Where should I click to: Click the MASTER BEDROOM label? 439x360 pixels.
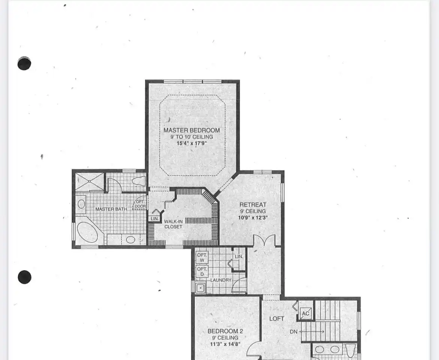pyautogui.click(x=191, y=130)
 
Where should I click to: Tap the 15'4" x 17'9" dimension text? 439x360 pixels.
pyautogui.click(x=191, y=143)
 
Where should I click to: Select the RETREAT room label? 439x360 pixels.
pyautogui.click(x=253, y=205)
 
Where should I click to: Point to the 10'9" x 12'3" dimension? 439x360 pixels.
pyautogui.click(x=253, y=217)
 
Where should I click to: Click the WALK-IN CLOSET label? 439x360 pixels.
pyautogui.click(x=173, y=224)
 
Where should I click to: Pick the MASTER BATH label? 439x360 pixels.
pyautogui.click(x=111, y=209)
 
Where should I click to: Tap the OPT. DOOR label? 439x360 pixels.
pyautogui.click(x=140, y=204)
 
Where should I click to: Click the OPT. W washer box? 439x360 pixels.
pyautogui.click(x=202, y=257)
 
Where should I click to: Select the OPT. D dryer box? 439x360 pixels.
pyautogui.click(x=202, y=271)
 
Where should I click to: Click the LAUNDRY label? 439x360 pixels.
pyautogui.click(x=221, y=280)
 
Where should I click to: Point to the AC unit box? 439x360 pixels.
pyautogui.click(x=305, y=313)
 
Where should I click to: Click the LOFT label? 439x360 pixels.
pyautogui.click(x=277, y=319)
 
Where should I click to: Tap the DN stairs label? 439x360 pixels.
pyautogui.click(x=293, y=332)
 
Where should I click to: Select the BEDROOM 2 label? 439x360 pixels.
pyautogui.click(x=225, y=331)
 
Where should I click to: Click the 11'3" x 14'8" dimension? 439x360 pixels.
pyautogui.click(x=225, y=344)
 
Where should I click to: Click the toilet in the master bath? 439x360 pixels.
pyautogui.click(x=139, y=181)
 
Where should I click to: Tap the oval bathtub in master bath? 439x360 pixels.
pyautogui.click(x=87, y=232)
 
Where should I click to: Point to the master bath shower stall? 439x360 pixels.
pyautogui.click(x=90, y=182)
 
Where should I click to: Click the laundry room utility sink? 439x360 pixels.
pyautogui.click(x=200, y=288)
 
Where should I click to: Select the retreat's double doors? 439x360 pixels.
pyautogui.click(x=264, y=240)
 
